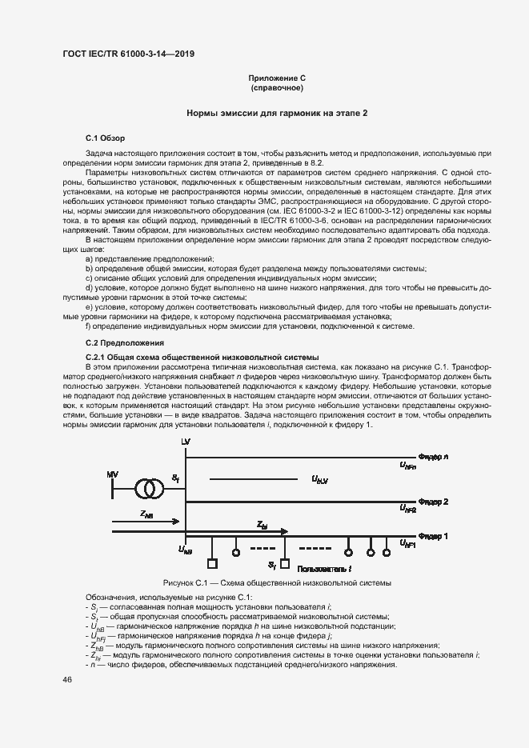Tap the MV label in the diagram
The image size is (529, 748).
(x=112, y=475)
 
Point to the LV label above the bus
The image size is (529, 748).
(x=186, y=442)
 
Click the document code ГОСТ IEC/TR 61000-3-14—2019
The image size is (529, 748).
(x=128, y=54)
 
